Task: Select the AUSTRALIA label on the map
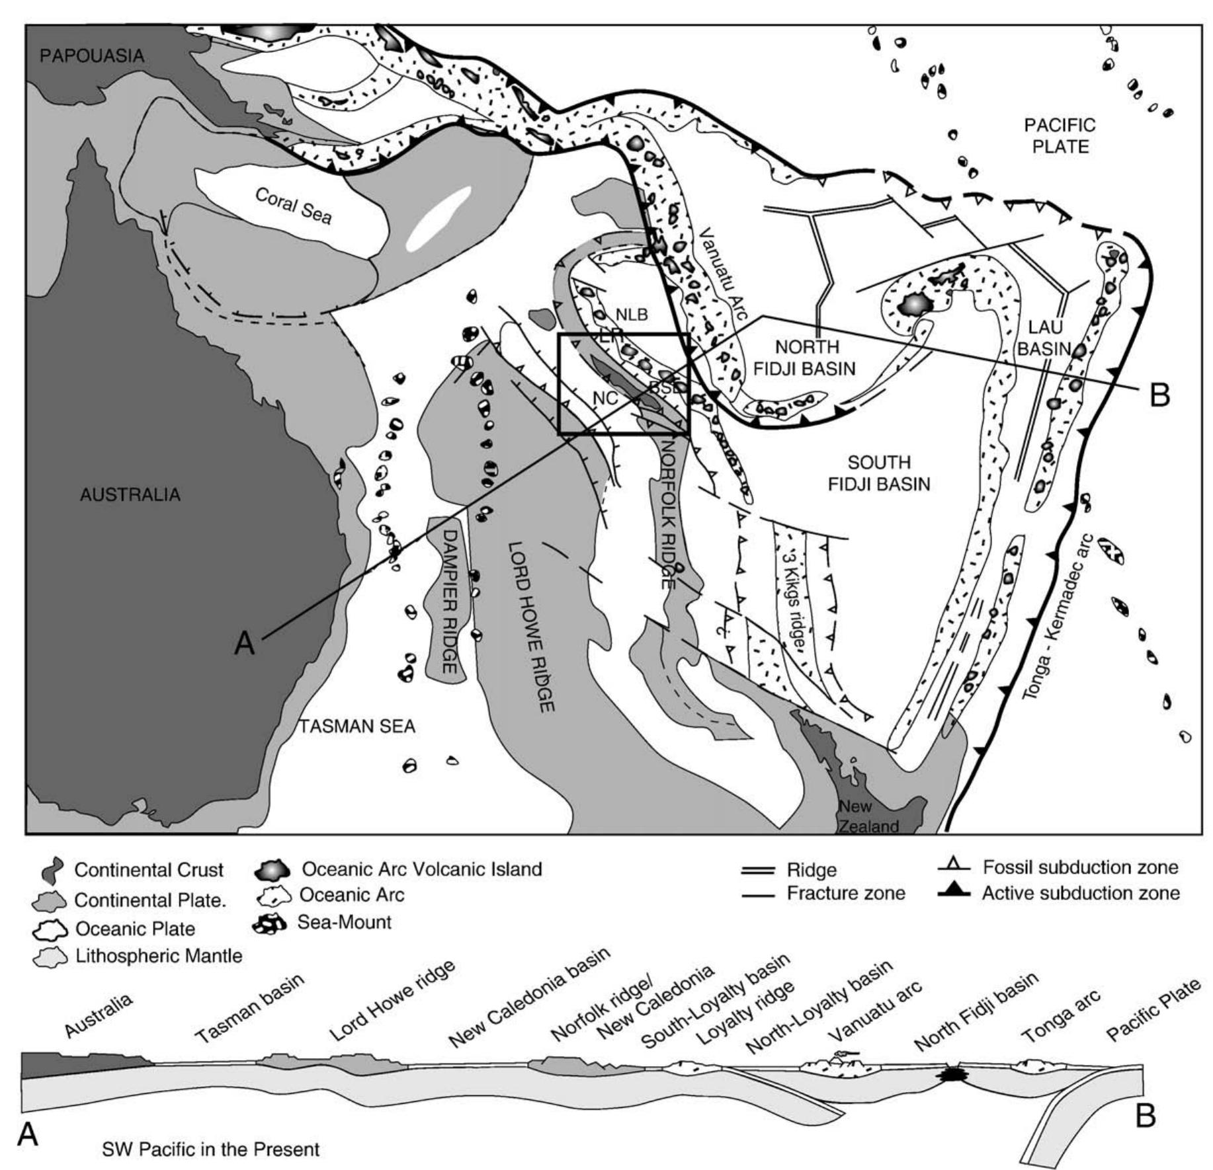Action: coord(130,494)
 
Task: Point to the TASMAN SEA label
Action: coord(356,726)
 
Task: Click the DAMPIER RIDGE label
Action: coord(449,601)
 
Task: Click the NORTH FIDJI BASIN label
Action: coord(805,358)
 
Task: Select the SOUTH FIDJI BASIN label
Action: coord(879,473)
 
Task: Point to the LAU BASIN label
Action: coord(1043,337)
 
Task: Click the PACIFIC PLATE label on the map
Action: coord(1060,136)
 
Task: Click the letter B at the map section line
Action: coord(1159,396)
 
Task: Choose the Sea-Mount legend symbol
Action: coord(269,923)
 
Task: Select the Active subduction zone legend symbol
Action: coord(953,893)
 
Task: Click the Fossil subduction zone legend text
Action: coord(1080,867)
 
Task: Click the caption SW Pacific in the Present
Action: coord(210,1150)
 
